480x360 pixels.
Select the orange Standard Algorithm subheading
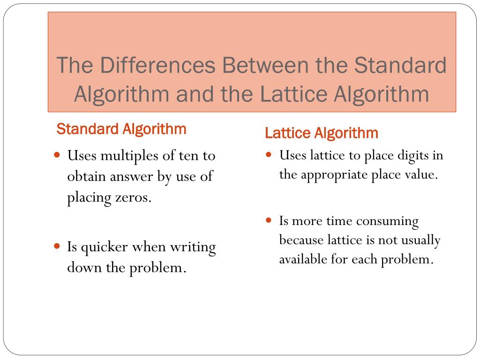pyautogui.click(x=121, y=129)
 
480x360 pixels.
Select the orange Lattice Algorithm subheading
pyautogui.click(x=322, y=133)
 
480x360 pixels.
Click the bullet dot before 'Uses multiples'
pyautogui.click(x=57, y=154)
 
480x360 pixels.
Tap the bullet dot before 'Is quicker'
pyautogui.click(x=57, y=246)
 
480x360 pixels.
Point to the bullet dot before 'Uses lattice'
pyautogui.click(x=269, y=154)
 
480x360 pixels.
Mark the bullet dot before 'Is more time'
pyautogui.click(x=269, y=220)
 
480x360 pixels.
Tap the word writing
pyautogui.click(x=193, y=247)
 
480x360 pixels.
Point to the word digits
pyautogui.click(x=414, y=155)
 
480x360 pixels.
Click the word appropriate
pyautogui.click(x=334, y=175)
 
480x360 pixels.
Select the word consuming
pyautogui.click(x=391, y=221)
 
